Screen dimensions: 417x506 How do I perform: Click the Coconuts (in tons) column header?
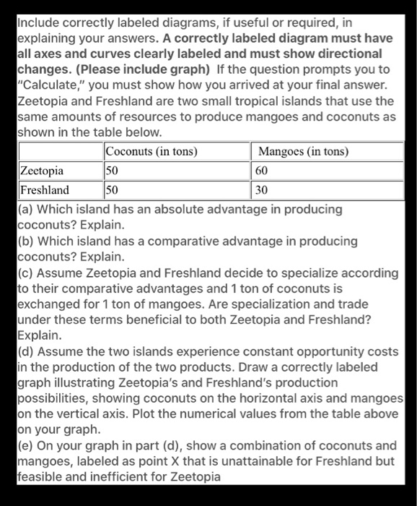coord(152,151)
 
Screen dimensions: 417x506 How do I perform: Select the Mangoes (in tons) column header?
coord(303,151)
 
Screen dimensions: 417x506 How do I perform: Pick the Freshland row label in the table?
coord(45,190)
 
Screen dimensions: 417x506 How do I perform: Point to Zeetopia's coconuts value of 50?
coord(112,171)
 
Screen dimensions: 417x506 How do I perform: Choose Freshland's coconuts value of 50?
coord(112,190)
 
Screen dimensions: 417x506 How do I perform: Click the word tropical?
coord(278,100)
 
